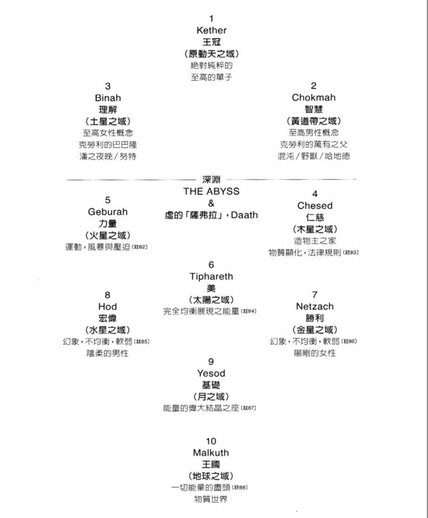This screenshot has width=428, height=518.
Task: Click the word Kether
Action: point(211,30)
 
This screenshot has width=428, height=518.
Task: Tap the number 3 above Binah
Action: point(107,86)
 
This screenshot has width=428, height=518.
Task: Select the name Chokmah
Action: point(314,98)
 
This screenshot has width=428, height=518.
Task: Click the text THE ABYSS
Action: point(211,192)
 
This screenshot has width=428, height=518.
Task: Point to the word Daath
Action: point(244,215)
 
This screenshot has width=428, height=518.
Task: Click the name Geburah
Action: point(107,212)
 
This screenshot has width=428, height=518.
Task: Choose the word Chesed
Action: point(315,206)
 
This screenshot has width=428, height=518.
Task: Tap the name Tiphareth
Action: point(211,276)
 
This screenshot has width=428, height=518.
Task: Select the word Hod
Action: point(107,307)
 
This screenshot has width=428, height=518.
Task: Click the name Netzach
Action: point(315,306)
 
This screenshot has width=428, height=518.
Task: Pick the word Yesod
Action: point(211,373)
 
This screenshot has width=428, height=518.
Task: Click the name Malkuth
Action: point(211,453)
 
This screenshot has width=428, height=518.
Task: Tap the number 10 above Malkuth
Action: point(211,441)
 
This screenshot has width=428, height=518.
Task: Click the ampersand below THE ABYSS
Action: point(211,203)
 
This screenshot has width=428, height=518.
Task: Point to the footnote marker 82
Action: point(139,247)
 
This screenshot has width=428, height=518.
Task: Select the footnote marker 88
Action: point(240,487)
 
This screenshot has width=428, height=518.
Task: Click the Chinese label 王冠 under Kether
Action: point(211,42)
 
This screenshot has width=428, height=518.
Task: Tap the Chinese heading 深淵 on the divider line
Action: point(211,179)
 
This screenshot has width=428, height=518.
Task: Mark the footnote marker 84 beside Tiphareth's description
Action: point(248,311)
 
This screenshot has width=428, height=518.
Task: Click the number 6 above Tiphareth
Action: point(211,265)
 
